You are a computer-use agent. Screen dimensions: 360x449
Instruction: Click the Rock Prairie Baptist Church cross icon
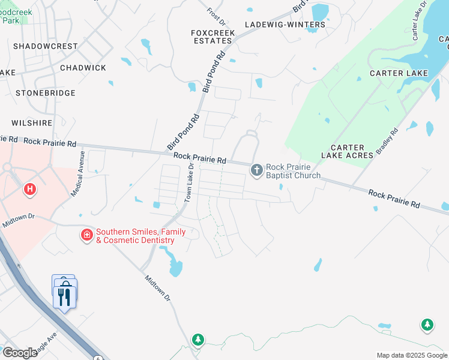(257, 170)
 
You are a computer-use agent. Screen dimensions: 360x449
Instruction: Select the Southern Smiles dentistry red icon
(87, 235)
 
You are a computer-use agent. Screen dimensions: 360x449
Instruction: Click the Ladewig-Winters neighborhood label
(285, 25)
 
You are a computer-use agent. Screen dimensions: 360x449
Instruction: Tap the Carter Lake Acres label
(348, 151)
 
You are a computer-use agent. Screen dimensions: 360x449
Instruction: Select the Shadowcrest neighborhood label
(46, 46)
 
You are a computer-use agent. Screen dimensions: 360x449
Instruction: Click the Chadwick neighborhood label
(83, 68)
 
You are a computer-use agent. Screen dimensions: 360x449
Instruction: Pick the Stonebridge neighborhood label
(46, 93)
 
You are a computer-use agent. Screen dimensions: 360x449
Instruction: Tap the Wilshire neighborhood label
(32, 123)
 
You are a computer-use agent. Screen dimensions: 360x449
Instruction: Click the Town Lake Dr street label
(190, 182)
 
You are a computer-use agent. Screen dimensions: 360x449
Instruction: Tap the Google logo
(20, 352)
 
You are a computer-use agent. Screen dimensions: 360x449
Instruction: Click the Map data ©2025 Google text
(411, 355)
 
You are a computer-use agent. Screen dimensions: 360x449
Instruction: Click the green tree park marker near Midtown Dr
(198, 340)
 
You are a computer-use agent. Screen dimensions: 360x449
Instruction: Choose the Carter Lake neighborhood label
(399, 73)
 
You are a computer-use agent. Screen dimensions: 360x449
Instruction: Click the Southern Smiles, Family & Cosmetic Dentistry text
(136, 236)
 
